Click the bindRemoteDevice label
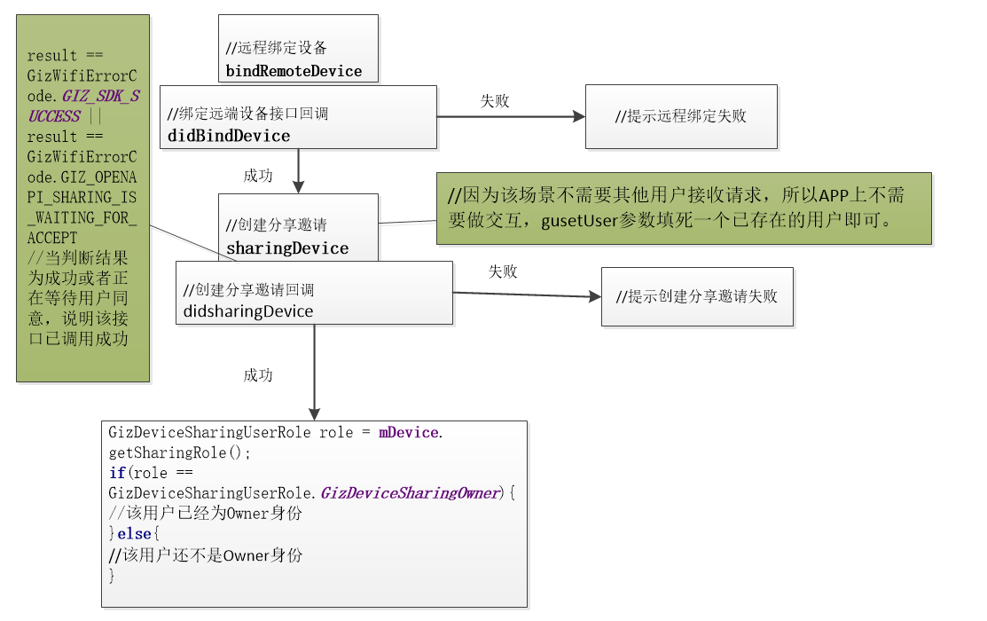(294, 71)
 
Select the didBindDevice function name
(229, 136)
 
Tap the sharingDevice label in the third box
(287, 248)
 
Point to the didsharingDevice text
(248, 311)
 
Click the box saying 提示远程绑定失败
(681, 116)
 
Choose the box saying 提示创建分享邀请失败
(697, 296)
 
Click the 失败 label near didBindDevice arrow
(495, 101)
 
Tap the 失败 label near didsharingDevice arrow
(503, 271)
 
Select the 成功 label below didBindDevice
(258, 176)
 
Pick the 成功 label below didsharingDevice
(258, 375)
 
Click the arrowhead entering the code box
(314, 413)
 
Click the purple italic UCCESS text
(54, 116)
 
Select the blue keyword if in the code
(117, 473)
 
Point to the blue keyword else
(135, 535)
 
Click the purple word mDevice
(409, 433)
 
